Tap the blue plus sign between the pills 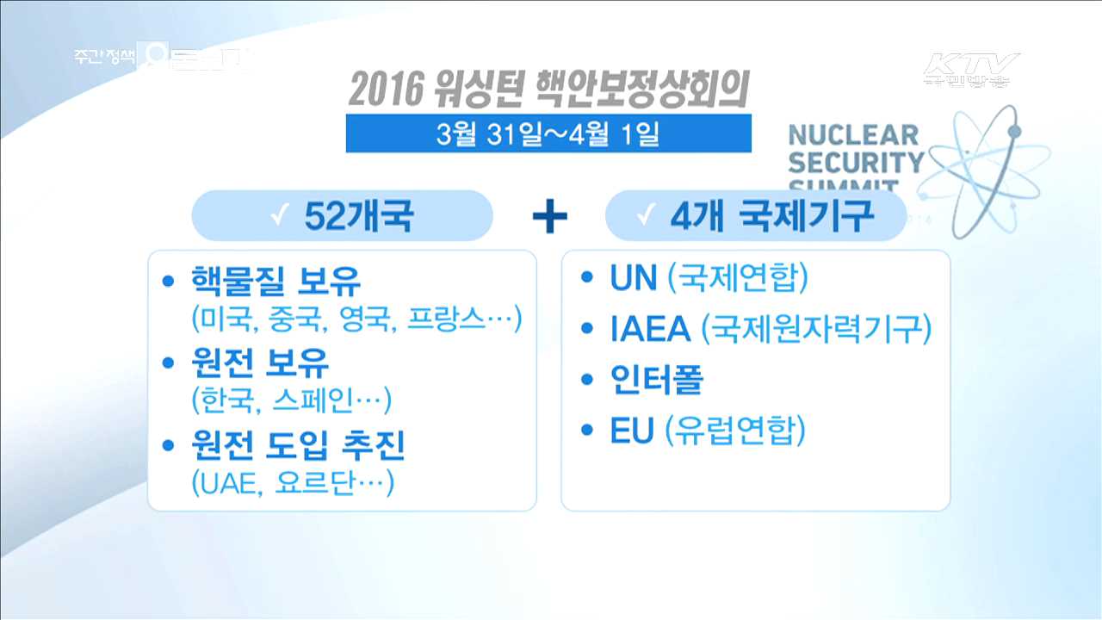tap(549, 218)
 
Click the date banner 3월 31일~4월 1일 tap(548, 133)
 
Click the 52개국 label tap(358, 217)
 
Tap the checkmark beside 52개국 tap(278, 217)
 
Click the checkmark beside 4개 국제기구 tap(643, 217)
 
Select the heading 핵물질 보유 tap(275, 282)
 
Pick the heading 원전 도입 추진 tap(297, 445)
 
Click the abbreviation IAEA tap(650, 330)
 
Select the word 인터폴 tap(657, 381)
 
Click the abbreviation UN tap(634, 279)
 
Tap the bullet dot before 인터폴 tap(587, 381)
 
